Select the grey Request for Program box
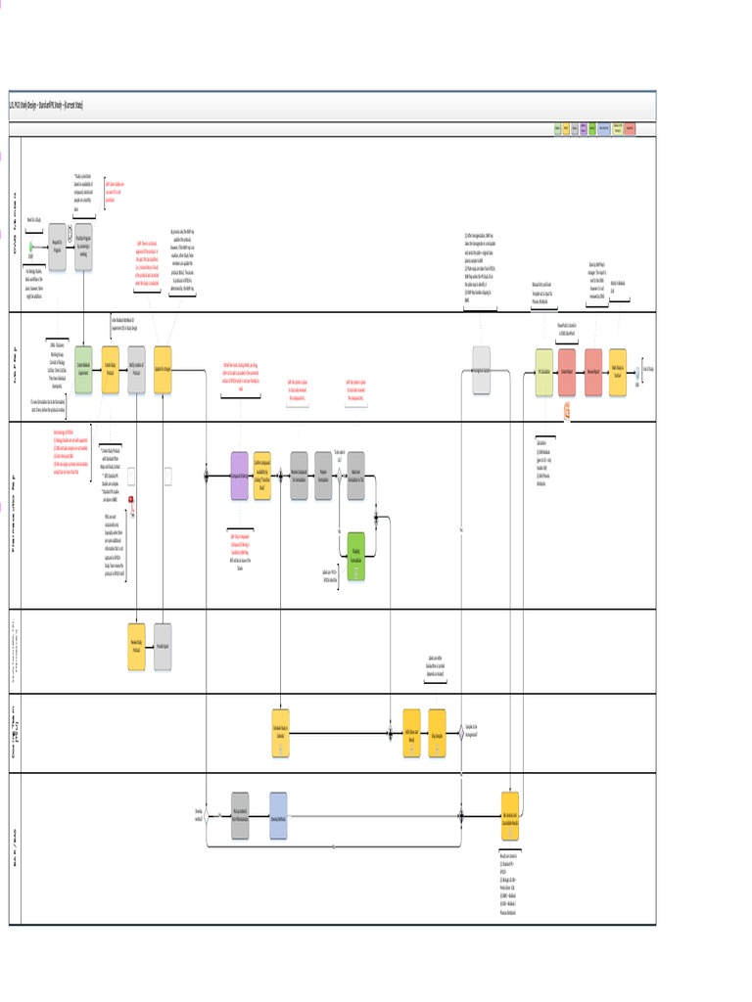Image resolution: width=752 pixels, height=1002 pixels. tap(57, 244)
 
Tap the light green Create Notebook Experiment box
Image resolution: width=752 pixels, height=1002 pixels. tap(83, 370)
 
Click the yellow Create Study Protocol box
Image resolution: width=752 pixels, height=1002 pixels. tap(111, 370)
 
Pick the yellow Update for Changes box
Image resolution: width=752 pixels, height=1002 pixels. tap(163, 370)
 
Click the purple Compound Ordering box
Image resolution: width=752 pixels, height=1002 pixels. tap(240, 476)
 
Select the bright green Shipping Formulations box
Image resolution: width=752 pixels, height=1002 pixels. tap(356, 556)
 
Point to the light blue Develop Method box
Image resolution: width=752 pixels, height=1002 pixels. tap(278, 815)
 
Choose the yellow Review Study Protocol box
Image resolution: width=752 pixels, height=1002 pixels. tap(137, 647)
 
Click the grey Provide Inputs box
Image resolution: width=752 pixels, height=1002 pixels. tap(163, 647)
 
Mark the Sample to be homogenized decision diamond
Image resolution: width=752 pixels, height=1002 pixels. tap(461, 733)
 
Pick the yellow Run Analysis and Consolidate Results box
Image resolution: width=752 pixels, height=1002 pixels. tap(510, 815)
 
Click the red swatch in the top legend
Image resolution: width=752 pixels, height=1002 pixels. tap(630, 129)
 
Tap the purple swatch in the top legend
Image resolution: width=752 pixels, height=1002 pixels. tap(584, 129)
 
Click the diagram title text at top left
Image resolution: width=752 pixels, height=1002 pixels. tap(46, 105)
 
